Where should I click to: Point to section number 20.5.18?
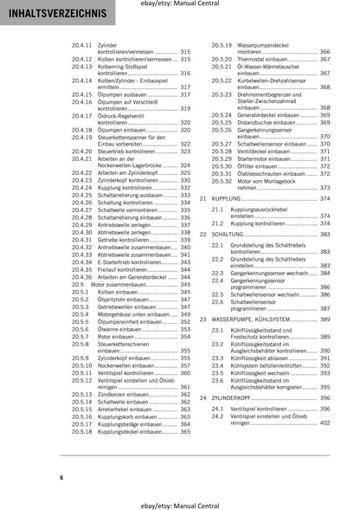82,430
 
